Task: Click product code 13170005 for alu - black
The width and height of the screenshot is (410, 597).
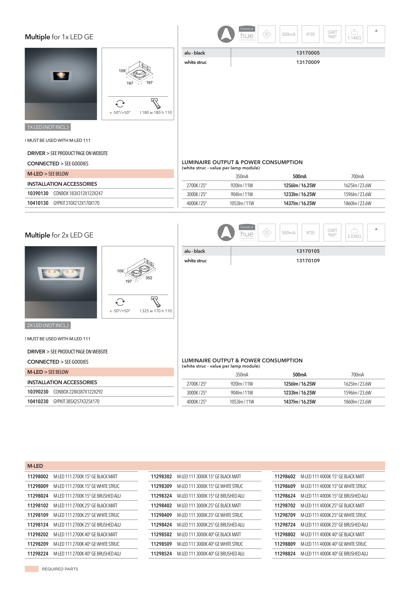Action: (x=308, y=53)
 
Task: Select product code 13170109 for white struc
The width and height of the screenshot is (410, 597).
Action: (x=308, y=261)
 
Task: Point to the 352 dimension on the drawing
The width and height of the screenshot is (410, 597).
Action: (x=149, y=278)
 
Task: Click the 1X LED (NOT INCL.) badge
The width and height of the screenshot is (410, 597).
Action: (x=48, y=127)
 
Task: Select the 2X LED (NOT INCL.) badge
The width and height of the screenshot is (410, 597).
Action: (x=48, y=326)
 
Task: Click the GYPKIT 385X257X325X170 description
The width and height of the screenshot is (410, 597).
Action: (x=76, y=402)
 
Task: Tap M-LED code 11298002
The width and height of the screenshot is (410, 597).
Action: (x=38, y=477)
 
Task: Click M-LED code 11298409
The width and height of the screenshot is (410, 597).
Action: (x=161, y=515)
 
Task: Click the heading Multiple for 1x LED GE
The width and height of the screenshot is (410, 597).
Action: (x=59, y=37)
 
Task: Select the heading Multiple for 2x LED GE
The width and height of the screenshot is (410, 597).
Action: (x=59, y=235)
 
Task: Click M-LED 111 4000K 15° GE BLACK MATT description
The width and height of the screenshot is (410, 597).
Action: (x=332, y=477)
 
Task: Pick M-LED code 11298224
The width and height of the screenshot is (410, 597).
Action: (x=38, y=554)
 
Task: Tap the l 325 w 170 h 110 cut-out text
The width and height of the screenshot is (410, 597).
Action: (x=156, y=311)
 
